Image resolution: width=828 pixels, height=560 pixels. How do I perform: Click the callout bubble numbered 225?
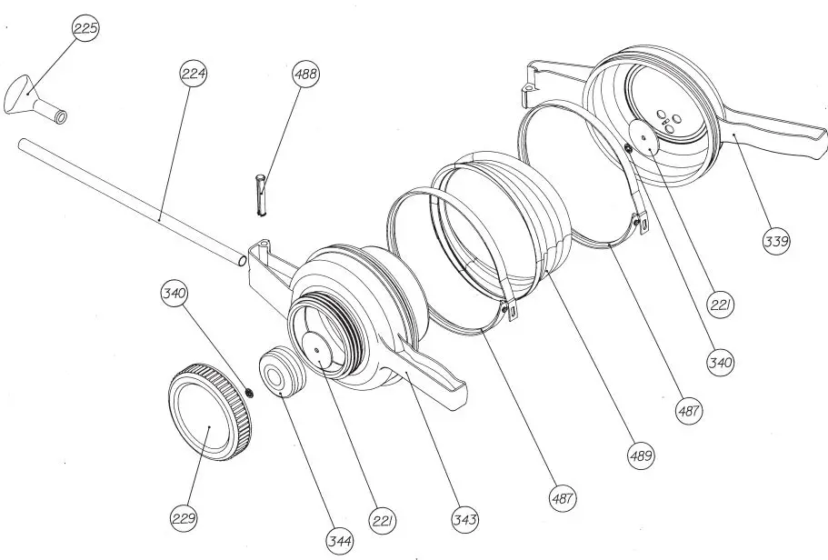click(x=85, y=28)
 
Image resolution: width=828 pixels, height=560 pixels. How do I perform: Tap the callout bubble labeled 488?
click(x=305, y=75)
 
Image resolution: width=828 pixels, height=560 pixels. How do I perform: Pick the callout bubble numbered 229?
click(x=184, y=518)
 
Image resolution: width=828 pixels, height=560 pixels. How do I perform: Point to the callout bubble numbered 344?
click(x=341, y=542)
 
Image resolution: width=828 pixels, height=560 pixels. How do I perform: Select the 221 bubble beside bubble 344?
click(x=383, y=520)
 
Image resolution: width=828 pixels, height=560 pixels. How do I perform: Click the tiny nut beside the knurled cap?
click(x=247, y=393)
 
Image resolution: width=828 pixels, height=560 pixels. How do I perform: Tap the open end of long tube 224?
click(x=240, y=261)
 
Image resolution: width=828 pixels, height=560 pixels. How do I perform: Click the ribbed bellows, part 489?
click(x=509, y=218)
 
